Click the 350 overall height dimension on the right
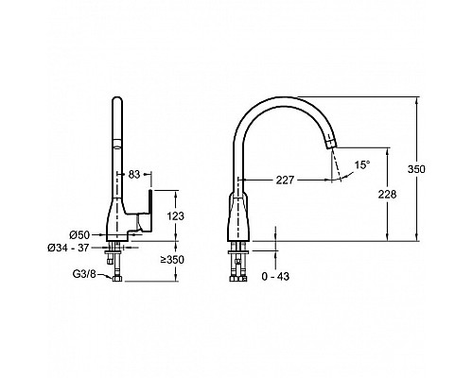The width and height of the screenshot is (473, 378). pyautogui.click(x=416, y=169)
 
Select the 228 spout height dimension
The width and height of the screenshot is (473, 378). pyautogui.click(x=387, y=195)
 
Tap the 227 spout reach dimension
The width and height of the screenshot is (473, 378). pyautogui.click(x=285, y=180)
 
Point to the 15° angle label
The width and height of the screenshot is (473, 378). pyautogui.click(x=361, y=164)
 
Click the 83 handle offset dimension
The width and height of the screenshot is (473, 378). pyautogui.click(x=134, y=174)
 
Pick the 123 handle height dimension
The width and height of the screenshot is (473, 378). pyautogui.click(x=175, y=216)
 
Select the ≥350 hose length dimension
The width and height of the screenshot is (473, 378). pyautogui.click(x=172, y=260)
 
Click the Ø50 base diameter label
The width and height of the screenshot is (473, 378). pyautogui.click(x=79, y=234)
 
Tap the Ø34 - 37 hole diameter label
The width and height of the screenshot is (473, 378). pyautogui.click(x=68, y=248)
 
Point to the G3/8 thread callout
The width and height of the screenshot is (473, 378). pyautogui.click(x=84, y=274)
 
